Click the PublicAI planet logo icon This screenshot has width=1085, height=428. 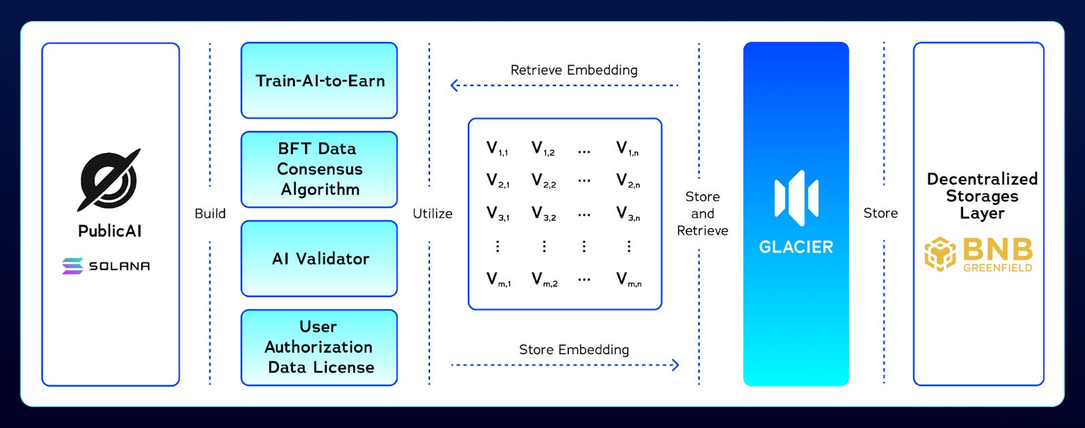tap(109, 180)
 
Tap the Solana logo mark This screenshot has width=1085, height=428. tap(73, 266)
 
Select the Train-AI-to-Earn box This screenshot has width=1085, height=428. tap(319, 81)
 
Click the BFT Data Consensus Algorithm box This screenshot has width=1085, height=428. tap(319, 169)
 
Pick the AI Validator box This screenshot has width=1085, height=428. tap(319, 258)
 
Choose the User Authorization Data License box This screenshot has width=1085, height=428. tap(319, 347)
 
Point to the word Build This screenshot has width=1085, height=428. tap(210, 214)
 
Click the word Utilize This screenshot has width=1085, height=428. tap(433, 214)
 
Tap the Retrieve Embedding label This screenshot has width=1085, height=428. tap(574, 70)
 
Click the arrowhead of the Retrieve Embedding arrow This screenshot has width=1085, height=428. tap(454, 85)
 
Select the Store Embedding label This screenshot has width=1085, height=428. tap(574, 349)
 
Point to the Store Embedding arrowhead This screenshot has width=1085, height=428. tap(675, 365)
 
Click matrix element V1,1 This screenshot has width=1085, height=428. tap(497, 149)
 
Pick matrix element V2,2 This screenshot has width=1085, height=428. tap(543, 181)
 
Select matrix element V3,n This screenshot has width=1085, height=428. tap(628, 214)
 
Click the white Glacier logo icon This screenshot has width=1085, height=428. tap(796, 197)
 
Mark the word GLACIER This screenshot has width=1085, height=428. tap(796, 247)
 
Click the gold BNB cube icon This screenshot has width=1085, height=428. tap(941, 254)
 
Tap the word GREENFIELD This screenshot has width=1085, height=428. tap(998, 268)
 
